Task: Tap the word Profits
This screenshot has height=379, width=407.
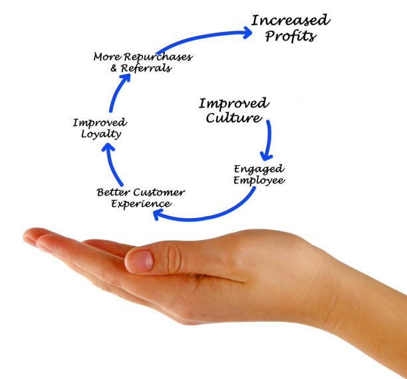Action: [x=291, y=36]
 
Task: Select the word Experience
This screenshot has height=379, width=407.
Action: [x=140, y=203]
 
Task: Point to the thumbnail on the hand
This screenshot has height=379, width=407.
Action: [x=139, y=261]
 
